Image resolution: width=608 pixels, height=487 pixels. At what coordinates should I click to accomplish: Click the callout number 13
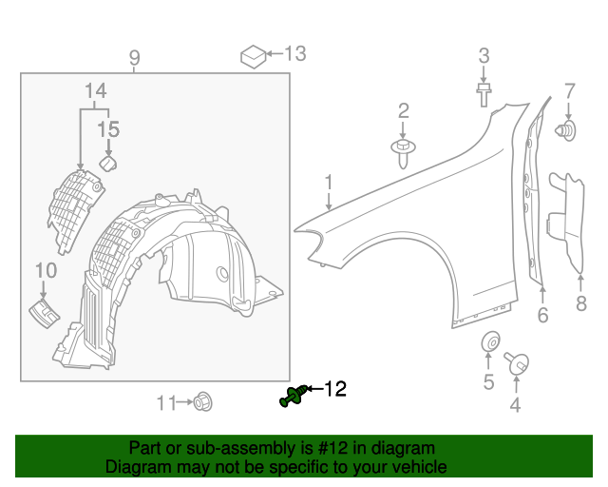(x=295, y=53)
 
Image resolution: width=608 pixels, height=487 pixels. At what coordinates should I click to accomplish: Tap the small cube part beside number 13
(x=252, y=55)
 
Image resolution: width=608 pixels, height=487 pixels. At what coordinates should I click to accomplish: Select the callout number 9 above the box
(x=134, y=59)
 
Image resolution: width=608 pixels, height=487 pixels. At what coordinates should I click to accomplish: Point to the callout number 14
(x=95, y=91)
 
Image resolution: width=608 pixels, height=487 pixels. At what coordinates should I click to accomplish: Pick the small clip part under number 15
(x=108, y=164)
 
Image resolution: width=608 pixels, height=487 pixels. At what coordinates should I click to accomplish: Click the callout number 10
(x=45, y=271)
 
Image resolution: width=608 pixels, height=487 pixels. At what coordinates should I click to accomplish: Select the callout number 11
(x=166, y=402)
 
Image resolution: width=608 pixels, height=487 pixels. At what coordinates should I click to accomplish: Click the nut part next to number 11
(x=201, y=402)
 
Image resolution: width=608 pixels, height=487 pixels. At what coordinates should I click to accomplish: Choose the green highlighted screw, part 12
(x=294, y=397)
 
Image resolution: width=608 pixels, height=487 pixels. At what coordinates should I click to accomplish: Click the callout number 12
(x=335, y=388)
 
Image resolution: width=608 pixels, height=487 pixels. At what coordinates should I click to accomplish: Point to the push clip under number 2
(x=405, y=149)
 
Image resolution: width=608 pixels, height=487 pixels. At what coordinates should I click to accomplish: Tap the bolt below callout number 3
(x=484, y=92)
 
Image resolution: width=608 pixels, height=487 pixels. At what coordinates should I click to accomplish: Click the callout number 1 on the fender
(x=328, y=181)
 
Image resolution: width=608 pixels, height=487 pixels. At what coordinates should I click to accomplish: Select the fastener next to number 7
(x=568, y=128)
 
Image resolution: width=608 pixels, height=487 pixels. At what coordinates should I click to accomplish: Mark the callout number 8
(x=580, y=304)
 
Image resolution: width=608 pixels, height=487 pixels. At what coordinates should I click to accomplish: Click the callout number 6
(x=542, y=315)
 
